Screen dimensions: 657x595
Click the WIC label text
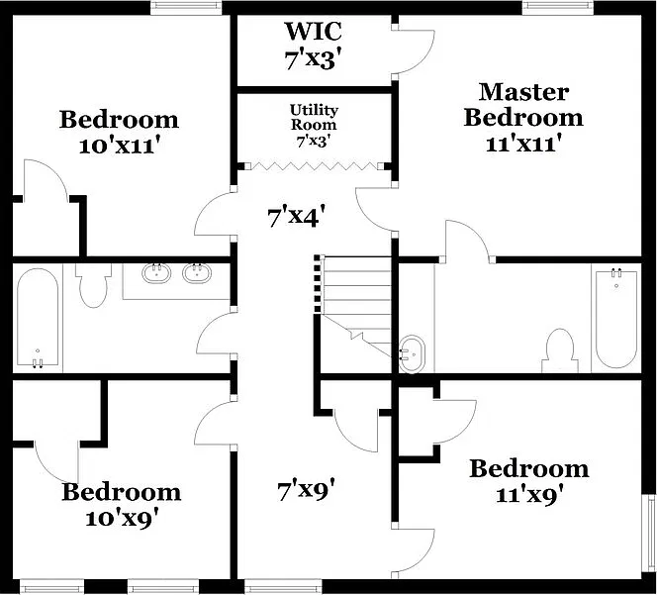click(314, 31)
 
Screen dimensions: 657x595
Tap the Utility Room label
click(314, 117)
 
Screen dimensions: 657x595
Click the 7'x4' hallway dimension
click(297, 217)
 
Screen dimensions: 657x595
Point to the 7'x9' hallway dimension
click(307, 490)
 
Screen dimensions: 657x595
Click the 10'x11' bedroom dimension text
click(121, 147)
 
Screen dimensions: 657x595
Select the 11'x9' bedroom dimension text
click(528, 495)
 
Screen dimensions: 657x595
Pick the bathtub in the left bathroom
click(38, 319)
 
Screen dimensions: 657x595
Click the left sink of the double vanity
click(156, 273)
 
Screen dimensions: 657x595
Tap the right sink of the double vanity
click(197, 273)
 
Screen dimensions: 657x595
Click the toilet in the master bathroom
click(560, 350)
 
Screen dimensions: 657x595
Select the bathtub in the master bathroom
click(616, 319)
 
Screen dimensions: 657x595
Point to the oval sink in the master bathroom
click(412, 353)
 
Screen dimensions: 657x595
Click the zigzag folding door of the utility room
click(315, 166)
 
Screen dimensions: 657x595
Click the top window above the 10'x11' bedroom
click(186, 6)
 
